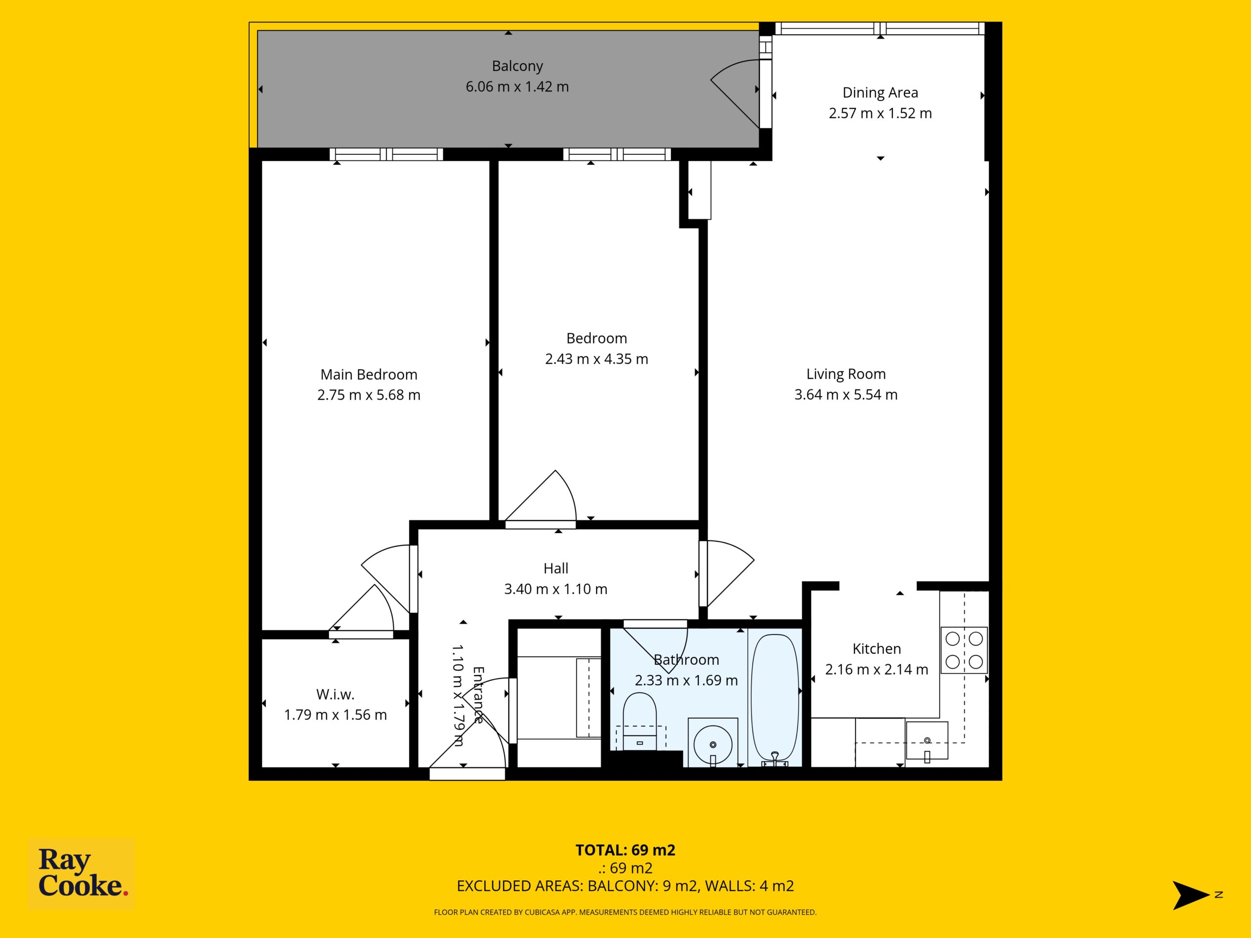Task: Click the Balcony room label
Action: click(517, 66)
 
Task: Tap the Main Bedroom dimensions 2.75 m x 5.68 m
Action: click(369, 395)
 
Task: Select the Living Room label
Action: click(846, 374)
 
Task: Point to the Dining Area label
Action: click(880, 93)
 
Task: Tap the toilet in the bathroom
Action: click(640, 721)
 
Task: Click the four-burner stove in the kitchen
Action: click(964, 650)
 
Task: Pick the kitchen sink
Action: click(927, 741)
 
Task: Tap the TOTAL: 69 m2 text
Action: click(625, 851)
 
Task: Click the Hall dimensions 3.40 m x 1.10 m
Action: click(556, 589)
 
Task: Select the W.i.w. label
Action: click(335, 694)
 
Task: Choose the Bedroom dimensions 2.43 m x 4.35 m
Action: click(597, 359)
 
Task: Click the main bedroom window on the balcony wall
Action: click(386, 154)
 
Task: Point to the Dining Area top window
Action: click(880, 28)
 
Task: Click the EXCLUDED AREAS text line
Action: click(625, 886)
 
